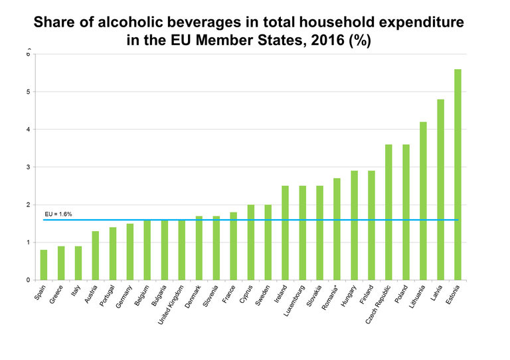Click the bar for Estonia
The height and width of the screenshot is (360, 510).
(458, 175)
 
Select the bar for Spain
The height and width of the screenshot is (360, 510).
(43, 264)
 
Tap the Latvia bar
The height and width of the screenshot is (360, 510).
(440, 189)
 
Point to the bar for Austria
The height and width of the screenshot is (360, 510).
(95, 255)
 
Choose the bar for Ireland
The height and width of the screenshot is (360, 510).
(285, 232)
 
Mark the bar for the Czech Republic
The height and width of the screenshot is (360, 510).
(388, 212)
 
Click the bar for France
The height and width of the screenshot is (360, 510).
(233, 246)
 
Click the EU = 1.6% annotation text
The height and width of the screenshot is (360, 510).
(58, 214)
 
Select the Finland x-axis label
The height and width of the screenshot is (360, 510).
(365, 295)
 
